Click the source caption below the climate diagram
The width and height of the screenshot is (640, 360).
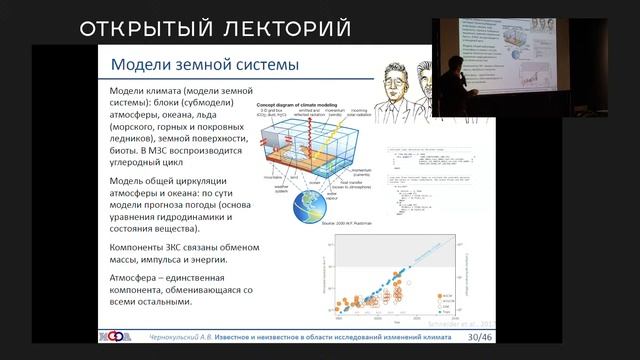315,232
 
